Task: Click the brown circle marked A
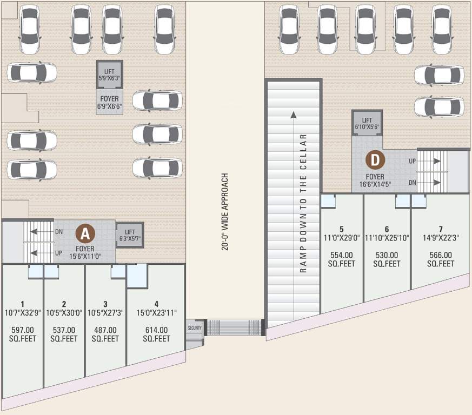click(85, 233)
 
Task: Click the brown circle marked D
click(374, 160)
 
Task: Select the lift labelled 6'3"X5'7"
click(130, 235)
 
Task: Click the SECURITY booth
click(194, 328)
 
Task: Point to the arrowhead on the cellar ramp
click(293, 114)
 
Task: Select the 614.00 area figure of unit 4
click(156, 330)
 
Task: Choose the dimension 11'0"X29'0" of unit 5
click(342, 238)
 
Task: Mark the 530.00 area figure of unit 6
click(387, 255)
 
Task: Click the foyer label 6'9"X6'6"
click(110, 107)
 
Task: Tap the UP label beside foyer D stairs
click(412, 162)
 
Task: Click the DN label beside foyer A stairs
click(59, 232)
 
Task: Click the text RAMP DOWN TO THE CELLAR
click(303, 204)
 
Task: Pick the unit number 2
click(64, 303)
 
